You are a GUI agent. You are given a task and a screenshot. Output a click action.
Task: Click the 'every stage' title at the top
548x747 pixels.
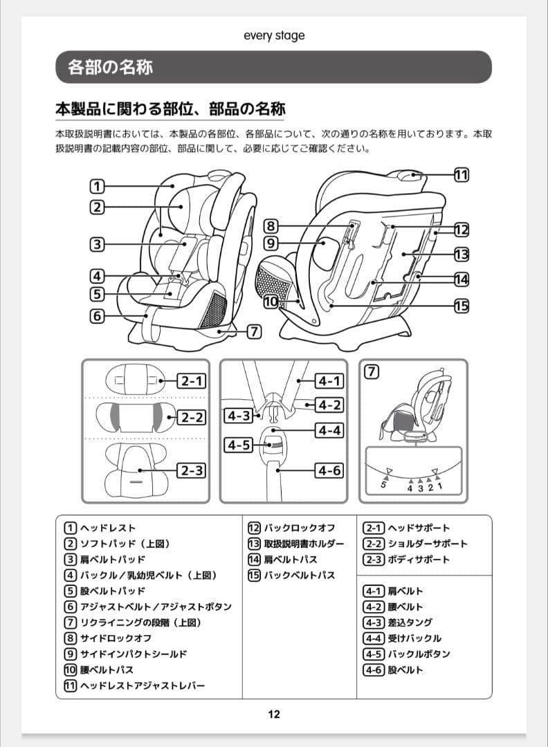click(274, 35)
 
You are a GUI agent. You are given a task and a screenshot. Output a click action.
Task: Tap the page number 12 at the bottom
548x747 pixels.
click(274, 714)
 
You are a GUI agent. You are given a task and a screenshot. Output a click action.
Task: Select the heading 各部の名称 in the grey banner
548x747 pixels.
click(111, 67)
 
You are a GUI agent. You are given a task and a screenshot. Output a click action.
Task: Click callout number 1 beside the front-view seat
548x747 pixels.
click(97, 186)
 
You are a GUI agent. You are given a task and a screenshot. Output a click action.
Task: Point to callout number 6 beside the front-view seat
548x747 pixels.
click(97, 317)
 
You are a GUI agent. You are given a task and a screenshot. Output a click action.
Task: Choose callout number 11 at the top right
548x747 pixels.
click(462, 174)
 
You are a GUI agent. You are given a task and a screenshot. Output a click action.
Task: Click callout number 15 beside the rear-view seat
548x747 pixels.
click(462, 305)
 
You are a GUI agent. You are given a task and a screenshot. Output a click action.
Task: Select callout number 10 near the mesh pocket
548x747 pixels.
click(271, 302)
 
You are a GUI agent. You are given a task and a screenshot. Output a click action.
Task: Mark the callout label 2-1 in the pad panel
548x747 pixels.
click(191, 380)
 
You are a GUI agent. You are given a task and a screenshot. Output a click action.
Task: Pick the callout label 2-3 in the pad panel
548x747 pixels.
click(191, 470)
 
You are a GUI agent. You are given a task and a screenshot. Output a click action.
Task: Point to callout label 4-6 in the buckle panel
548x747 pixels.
click(329, 470)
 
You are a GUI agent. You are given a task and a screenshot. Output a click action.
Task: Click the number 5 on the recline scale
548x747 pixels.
click(382, 486)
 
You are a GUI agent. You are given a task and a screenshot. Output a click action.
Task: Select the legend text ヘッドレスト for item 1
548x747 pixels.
click(108, 528)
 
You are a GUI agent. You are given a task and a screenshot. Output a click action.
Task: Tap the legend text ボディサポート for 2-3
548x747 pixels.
click(418, 560)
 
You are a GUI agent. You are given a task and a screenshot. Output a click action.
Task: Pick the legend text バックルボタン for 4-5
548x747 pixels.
click(419, 654)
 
